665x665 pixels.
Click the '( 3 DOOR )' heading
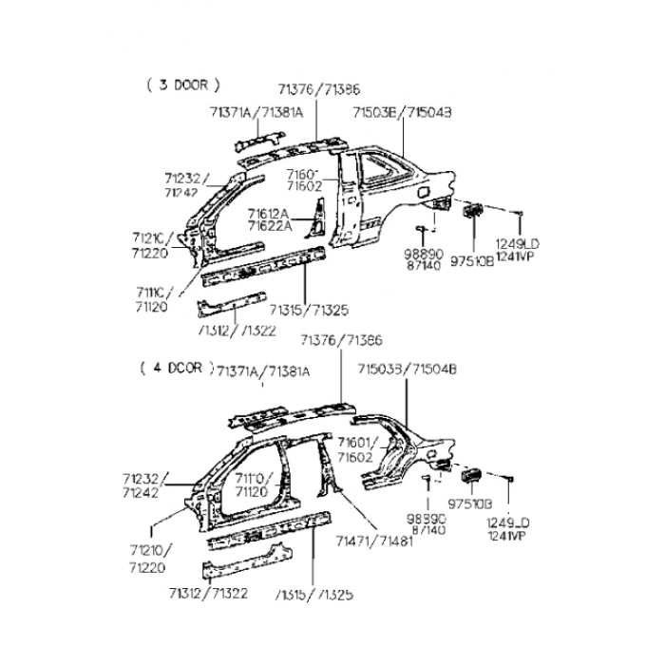pos(183,85)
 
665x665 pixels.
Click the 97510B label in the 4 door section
pos(472,504)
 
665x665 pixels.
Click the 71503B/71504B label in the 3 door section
pos(401,112)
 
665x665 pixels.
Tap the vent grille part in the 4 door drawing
pos(472,476)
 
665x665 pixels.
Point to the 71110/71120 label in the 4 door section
pos(254,484)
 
